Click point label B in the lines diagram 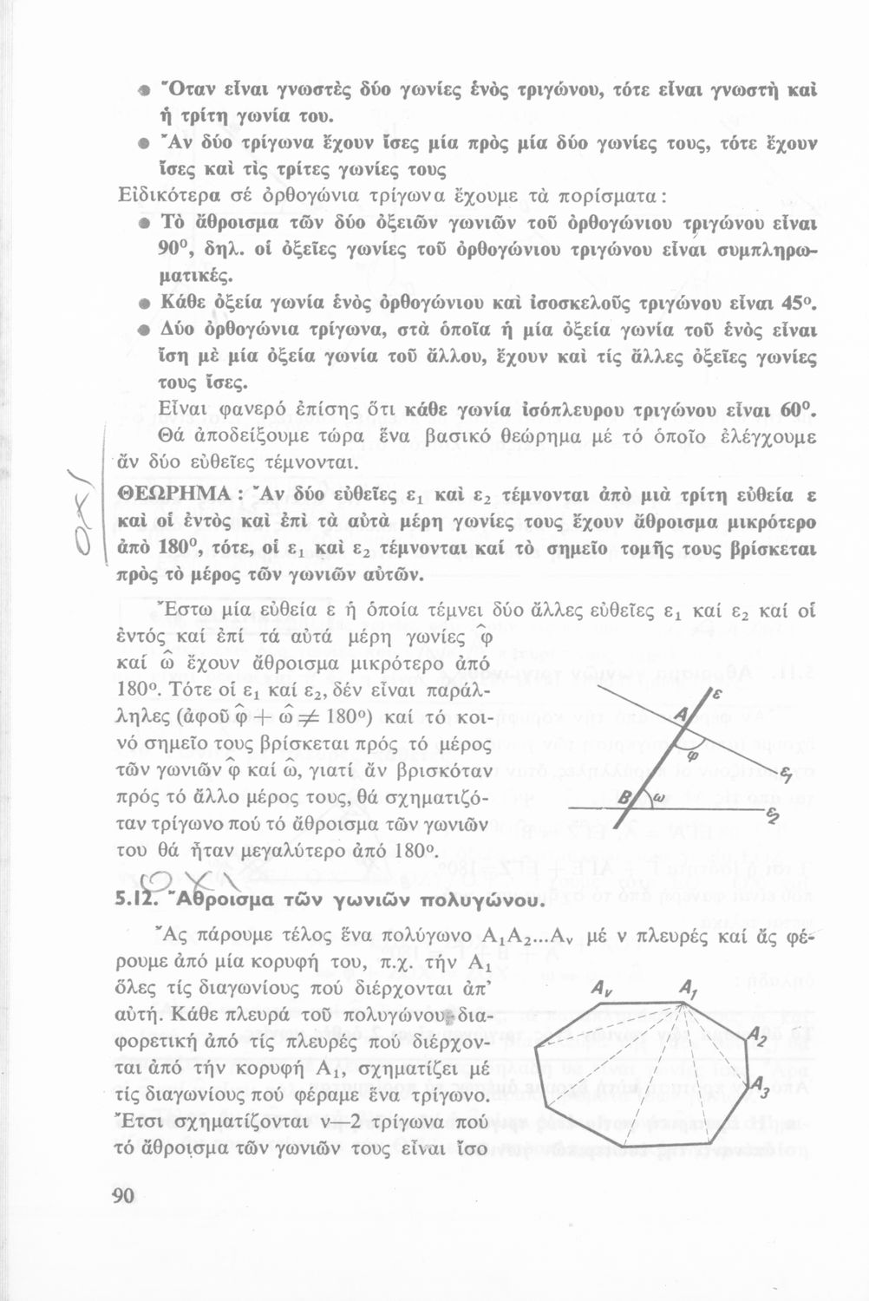(624, 796)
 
